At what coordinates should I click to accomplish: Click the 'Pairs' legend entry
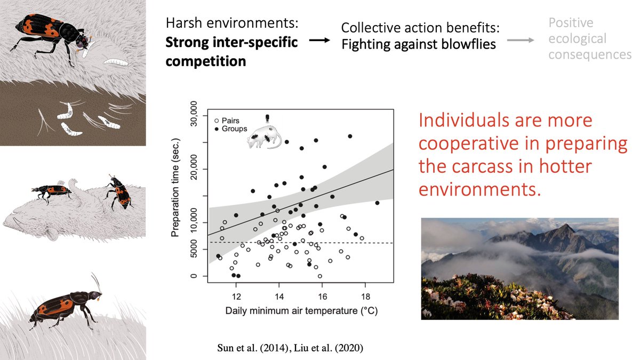coord(230,121)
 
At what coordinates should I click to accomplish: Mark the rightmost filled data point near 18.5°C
coord(377,203)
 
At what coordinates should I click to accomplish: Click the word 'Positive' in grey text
coord(571,23)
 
